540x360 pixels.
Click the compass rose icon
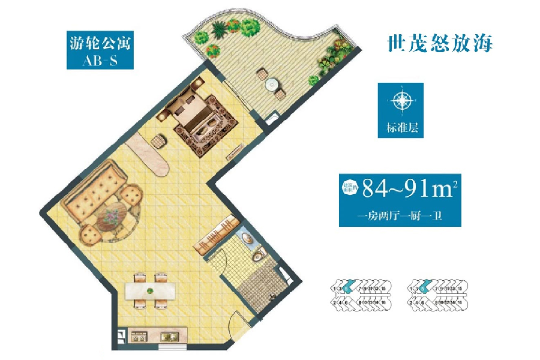(x=400, y=101)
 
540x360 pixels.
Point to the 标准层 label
(x=400, y=127)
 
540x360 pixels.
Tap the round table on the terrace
(x=271, y=83)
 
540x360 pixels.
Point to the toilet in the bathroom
(x=259, y=255)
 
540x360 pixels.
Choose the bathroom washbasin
(x=247, y=239)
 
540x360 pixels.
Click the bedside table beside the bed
(x=159, y=141)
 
